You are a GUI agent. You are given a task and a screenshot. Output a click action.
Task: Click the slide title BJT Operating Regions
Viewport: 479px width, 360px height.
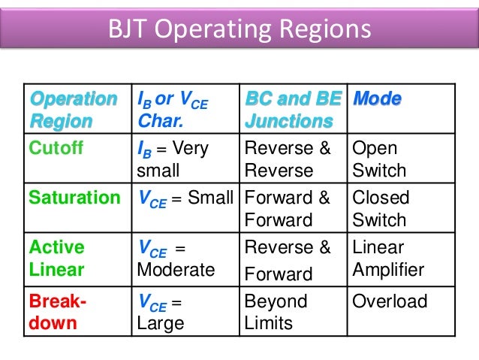(239, 30)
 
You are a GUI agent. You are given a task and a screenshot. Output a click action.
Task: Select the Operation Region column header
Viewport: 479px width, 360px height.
(73, 110)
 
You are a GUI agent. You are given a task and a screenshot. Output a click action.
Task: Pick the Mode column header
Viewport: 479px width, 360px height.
(377, 99)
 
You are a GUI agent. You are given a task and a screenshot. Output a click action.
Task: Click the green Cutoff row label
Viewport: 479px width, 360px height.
(56, 149)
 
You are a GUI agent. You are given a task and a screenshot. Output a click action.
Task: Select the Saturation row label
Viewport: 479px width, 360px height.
(74, 198)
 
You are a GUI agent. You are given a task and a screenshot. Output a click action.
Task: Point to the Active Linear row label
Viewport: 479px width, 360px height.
(56, 259)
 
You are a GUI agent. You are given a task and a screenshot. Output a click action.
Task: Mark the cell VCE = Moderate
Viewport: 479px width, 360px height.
(176, 259)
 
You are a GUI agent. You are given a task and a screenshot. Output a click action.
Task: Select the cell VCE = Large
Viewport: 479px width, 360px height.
(161, 312)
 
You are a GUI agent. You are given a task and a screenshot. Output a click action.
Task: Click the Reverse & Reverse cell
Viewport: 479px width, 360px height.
(288, 159)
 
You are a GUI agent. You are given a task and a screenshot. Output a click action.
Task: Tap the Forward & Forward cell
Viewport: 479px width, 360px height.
(288, 210)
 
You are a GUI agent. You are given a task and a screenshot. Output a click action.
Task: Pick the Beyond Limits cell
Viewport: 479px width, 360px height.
(276, 312)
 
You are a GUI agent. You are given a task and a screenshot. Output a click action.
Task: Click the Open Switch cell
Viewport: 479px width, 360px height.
(379, 159)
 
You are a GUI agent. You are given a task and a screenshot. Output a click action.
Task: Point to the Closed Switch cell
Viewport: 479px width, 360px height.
(381, 210)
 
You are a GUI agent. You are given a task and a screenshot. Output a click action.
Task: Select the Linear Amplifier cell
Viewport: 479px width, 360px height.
(388, 259)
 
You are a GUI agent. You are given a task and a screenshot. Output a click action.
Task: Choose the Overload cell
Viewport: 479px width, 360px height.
(390, 302)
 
